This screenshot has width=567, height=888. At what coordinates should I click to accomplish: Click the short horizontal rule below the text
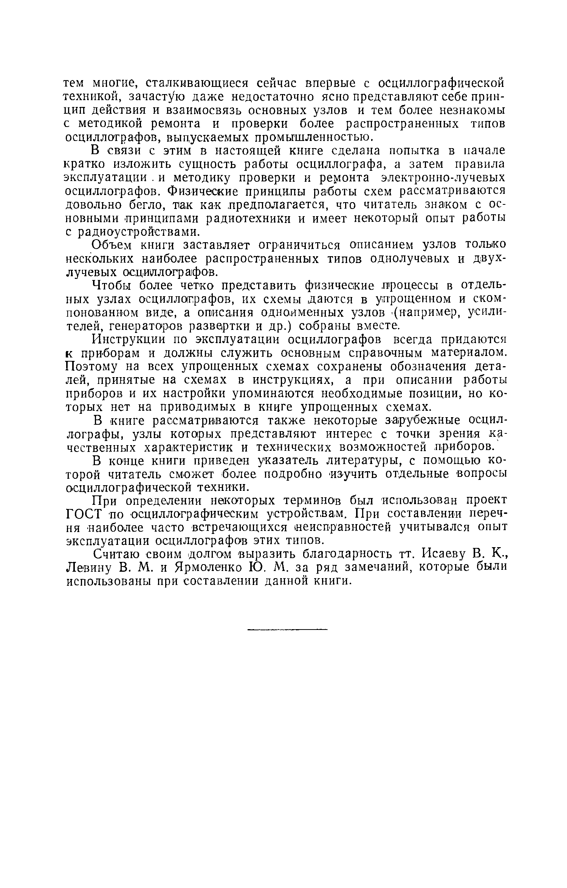point(287,629)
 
